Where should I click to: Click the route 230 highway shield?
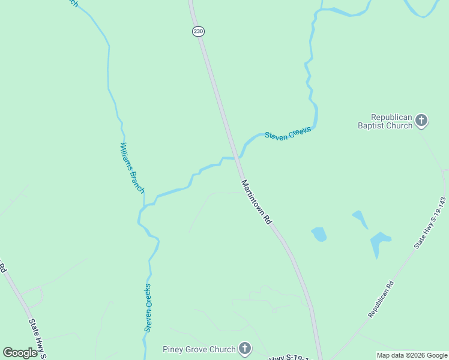click(198, 31)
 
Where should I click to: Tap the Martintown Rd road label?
click(257, 202)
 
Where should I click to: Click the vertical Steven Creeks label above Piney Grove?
click(148, 308)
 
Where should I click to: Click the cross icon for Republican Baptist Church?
click(421, 121)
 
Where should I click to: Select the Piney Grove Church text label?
click(199, 349)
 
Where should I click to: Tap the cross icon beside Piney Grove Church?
click(244, 349)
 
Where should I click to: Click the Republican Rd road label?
click(381, 299)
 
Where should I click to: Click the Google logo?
click(20, 353)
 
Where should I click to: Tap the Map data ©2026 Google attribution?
click(412, 355)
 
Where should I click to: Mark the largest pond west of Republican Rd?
click(379, 242)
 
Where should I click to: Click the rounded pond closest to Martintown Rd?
click(319, 234)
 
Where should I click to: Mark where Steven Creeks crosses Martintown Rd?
click(236, 158)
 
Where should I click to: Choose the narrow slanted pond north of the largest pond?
click(360, 219)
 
